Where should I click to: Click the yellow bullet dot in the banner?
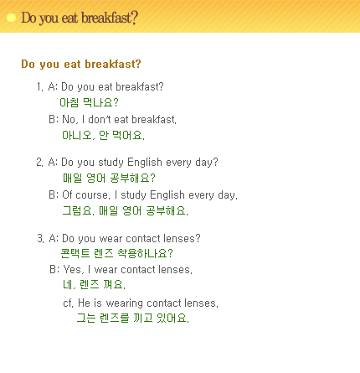click(11, 18)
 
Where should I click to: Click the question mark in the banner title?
click(134, 18)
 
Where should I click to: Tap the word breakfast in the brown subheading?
click(113, 64)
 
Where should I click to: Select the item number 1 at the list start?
click(39, 87)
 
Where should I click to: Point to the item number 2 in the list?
click(39, 163)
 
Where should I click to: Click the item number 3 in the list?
click(40, 238)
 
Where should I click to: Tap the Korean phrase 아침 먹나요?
click(89, 102)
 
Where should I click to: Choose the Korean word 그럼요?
click(78, 210)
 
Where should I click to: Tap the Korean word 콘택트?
click(75, 253)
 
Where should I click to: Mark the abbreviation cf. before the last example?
click(68, 303)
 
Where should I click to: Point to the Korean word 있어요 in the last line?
click(172, 318)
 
